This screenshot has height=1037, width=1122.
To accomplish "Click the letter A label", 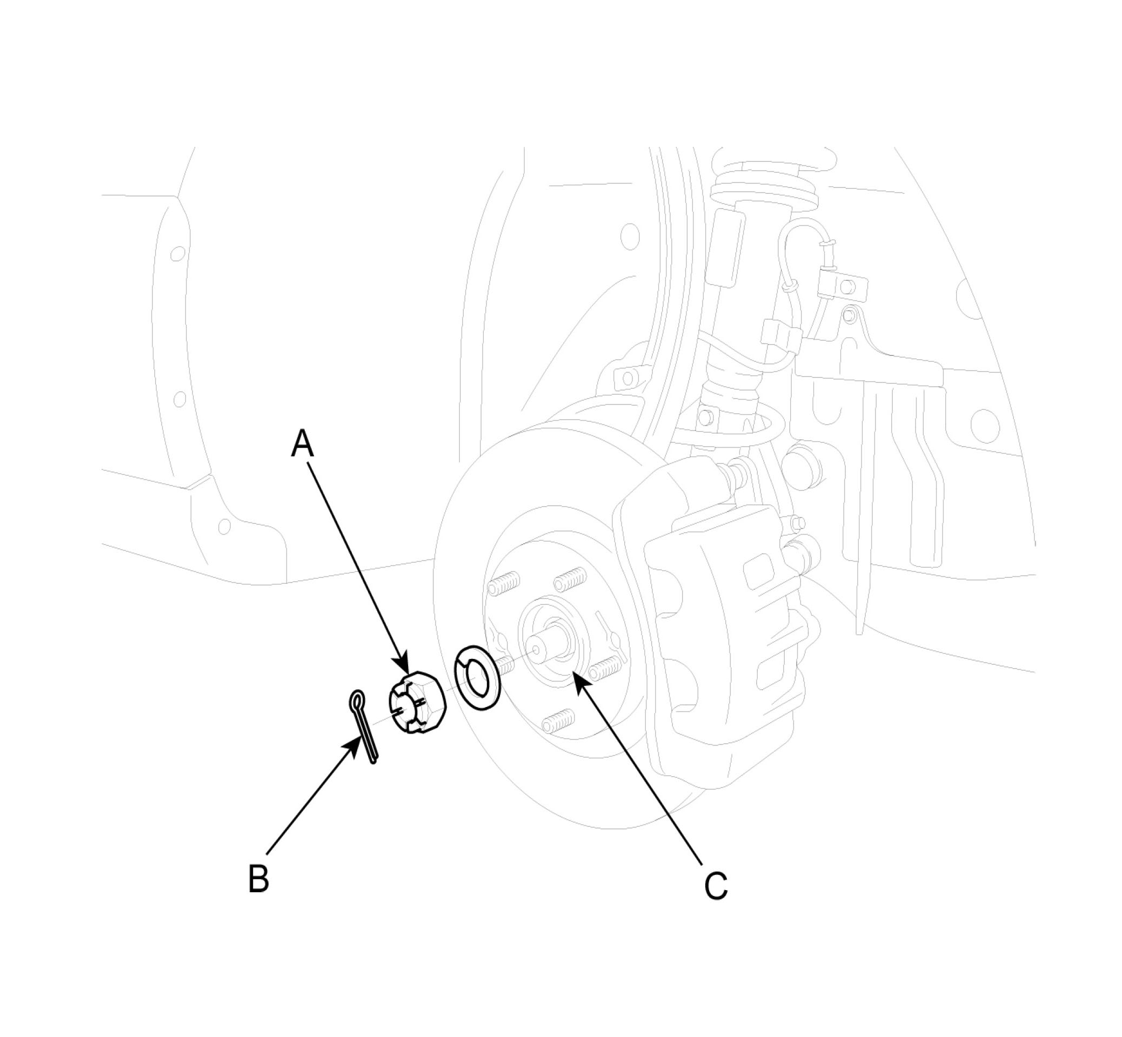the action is [302, 444].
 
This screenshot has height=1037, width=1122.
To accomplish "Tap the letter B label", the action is [258, 878].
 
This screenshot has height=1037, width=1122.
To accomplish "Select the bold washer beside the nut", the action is [477, 677].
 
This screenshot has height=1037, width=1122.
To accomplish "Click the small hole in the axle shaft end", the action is [536, 650].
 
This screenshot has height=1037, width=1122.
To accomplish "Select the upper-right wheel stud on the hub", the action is [571, 577].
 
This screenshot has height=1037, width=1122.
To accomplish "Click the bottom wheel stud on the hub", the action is [559, 719].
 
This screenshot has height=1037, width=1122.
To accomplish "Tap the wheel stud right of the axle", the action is [607, 666].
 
